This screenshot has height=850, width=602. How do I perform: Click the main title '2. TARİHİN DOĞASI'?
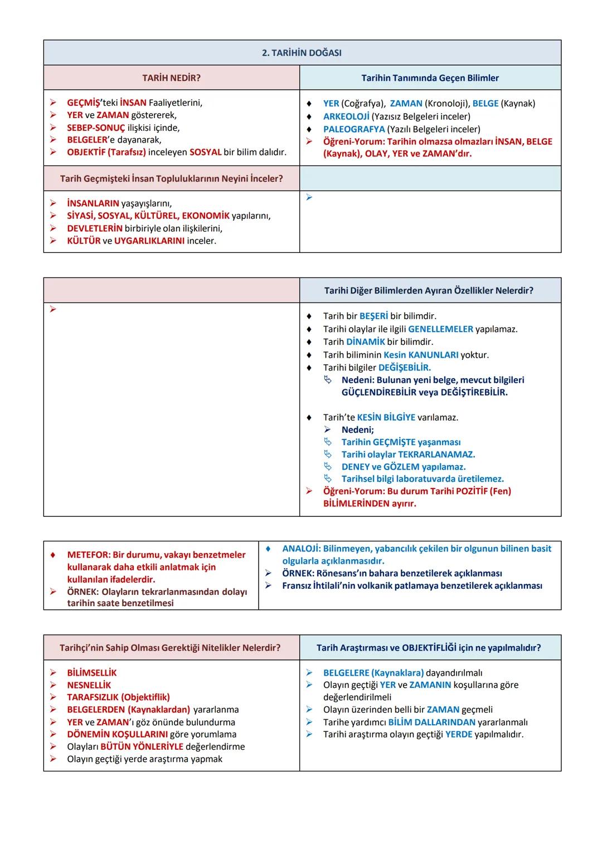click(x=302, y=53)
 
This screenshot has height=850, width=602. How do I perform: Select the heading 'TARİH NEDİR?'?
click(x=171, y=78)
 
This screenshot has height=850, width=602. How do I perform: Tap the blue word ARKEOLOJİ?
click(x=346, y=116)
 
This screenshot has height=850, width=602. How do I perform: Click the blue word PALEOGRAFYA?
click(x=354, y=129)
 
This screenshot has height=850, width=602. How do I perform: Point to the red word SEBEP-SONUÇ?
click(x=96, y=128)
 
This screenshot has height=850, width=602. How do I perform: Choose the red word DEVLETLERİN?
click(x=94, y=228)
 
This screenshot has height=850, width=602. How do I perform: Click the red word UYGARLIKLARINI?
click(x=149, y=241)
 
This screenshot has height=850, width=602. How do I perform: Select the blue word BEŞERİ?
click(x=373, y=316)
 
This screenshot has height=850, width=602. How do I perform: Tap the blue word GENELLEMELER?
click(x=440, y=329)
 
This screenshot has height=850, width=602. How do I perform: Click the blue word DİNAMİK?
click(x=366, y=341)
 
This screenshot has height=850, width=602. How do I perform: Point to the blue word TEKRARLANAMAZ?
click(x=436, y=455)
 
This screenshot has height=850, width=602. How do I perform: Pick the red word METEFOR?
click(x=88, y=555)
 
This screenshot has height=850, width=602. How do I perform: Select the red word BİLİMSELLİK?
click(x=92, y=673)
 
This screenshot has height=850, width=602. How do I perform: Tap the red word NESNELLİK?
click(x=89, y=685)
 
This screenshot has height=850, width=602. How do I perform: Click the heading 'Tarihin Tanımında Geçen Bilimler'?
click(x=430, y=78)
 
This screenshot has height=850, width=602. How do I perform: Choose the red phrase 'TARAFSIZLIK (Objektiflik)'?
click(x=118, y=697)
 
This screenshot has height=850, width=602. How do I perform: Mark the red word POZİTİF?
click(x=468, y=491)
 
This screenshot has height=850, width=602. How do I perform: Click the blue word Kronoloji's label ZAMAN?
click(x=406, y=104)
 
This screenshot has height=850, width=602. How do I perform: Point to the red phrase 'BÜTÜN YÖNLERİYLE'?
click(x=142, y=746)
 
